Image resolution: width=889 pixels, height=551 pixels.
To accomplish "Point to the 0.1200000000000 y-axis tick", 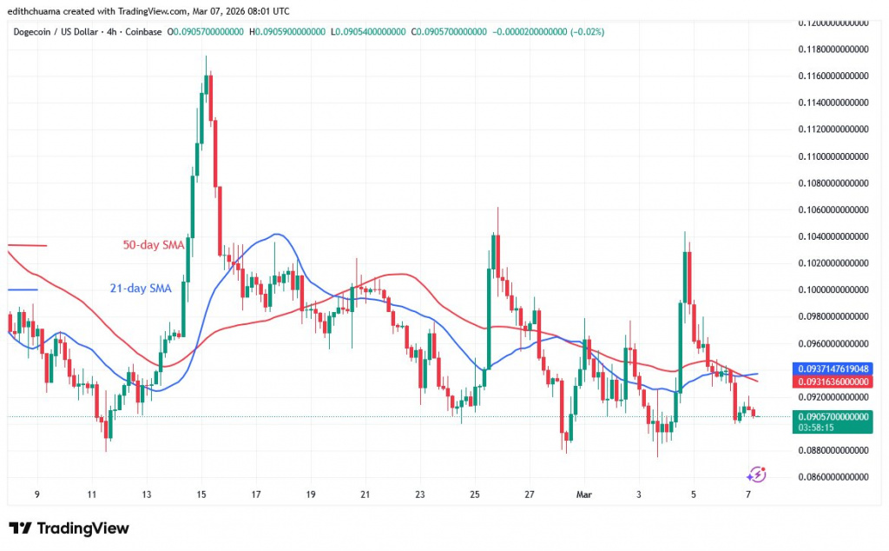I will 833,22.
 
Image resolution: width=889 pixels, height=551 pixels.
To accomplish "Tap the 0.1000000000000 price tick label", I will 833,289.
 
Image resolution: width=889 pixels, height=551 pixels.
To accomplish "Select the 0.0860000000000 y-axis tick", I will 833,477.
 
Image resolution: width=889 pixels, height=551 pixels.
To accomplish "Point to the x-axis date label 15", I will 201,495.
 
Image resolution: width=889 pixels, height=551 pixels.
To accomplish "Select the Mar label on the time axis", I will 583,495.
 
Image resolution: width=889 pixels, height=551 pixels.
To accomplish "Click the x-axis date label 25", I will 475,495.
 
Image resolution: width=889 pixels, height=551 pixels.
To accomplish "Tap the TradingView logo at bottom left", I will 69,528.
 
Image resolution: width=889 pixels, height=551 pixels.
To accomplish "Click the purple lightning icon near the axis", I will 756,474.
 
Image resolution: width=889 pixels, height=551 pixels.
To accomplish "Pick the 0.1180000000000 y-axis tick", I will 833,49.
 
